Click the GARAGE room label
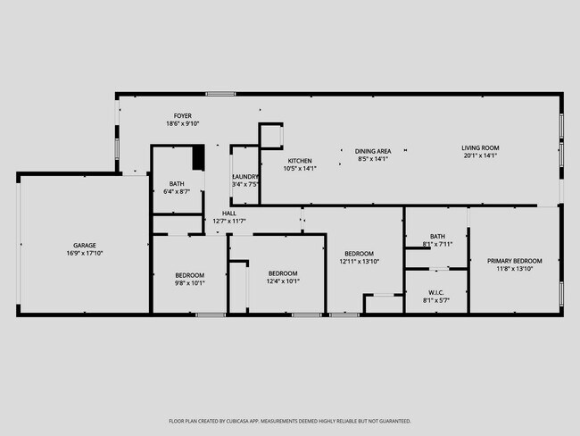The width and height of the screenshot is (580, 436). point(85,245)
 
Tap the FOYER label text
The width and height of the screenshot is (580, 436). point(183,116)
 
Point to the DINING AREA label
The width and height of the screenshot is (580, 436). point(373,151)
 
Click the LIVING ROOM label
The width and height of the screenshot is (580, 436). point(480,147)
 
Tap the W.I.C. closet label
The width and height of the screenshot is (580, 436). point(436,292)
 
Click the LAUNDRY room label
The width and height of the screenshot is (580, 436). point(245,177)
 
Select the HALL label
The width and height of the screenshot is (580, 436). point(229,214)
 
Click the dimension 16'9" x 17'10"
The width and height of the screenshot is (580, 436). point(85,253)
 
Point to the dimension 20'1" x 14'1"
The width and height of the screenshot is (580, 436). point(480,155)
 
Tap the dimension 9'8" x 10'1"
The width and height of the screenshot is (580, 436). point(189,282)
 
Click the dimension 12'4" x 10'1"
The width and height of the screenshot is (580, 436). point(283,281)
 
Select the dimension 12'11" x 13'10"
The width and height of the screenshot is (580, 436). point(360,262)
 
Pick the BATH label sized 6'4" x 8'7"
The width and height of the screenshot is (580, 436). point(177,184)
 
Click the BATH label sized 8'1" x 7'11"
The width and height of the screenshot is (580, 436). point(437,236)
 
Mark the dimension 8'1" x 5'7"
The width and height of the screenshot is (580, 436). point(436,300)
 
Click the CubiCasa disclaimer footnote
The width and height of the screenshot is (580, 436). point(290,421)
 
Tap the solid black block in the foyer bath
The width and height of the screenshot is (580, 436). point(199,157)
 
